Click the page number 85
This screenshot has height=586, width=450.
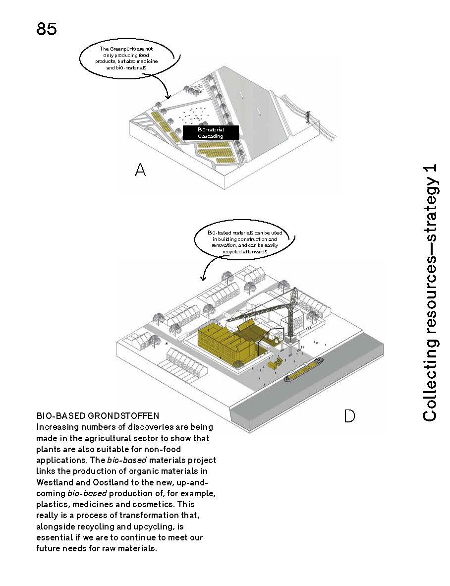[47, 29]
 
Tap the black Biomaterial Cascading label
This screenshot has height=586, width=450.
[211, 132]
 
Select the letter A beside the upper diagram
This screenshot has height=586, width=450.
[140, 171]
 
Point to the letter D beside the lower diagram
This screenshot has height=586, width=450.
[349, 415]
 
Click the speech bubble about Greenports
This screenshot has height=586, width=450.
[127, 58]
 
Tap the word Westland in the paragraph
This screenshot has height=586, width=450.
[53, 481]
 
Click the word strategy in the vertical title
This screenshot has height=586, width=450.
[430, 220]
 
